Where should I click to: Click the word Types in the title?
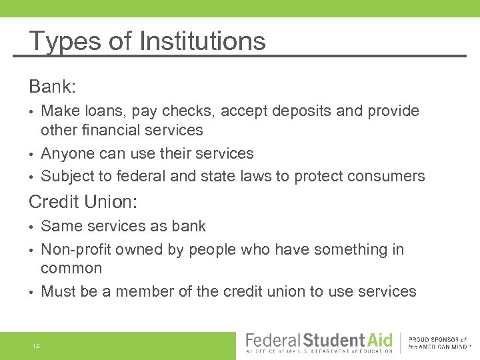pyautogui.click(x=63, y=41)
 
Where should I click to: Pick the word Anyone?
pyautogui.click(x=67, y=153)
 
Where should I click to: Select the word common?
pyautogui.click(x=71, y=269)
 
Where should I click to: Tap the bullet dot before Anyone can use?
pyautogui.click(x=32, y=154)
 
